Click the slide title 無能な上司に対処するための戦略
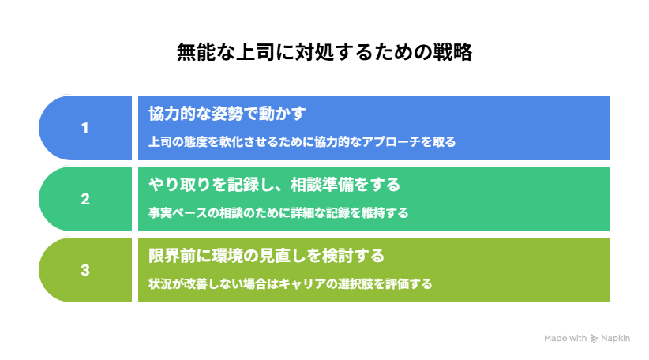tap(324, 52)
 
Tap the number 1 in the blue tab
tap(84, 128)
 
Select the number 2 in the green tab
tap(84, 200)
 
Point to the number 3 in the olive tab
tap(84, 270)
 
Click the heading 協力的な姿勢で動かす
tap(227, 114)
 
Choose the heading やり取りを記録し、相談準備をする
tap(275, 185)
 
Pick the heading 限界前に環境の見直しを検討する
tap(267, 256)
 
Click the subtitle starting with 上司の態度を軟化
tap(302, 142)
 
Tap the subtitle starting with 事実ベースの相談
tap(279, 213)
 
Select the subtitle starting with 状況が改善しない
tap(290, 284)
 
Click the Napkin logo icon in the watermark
tap(594, 339)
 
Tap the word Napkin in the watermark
tap(616, 339)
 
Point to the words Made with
tap(565, 339)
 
